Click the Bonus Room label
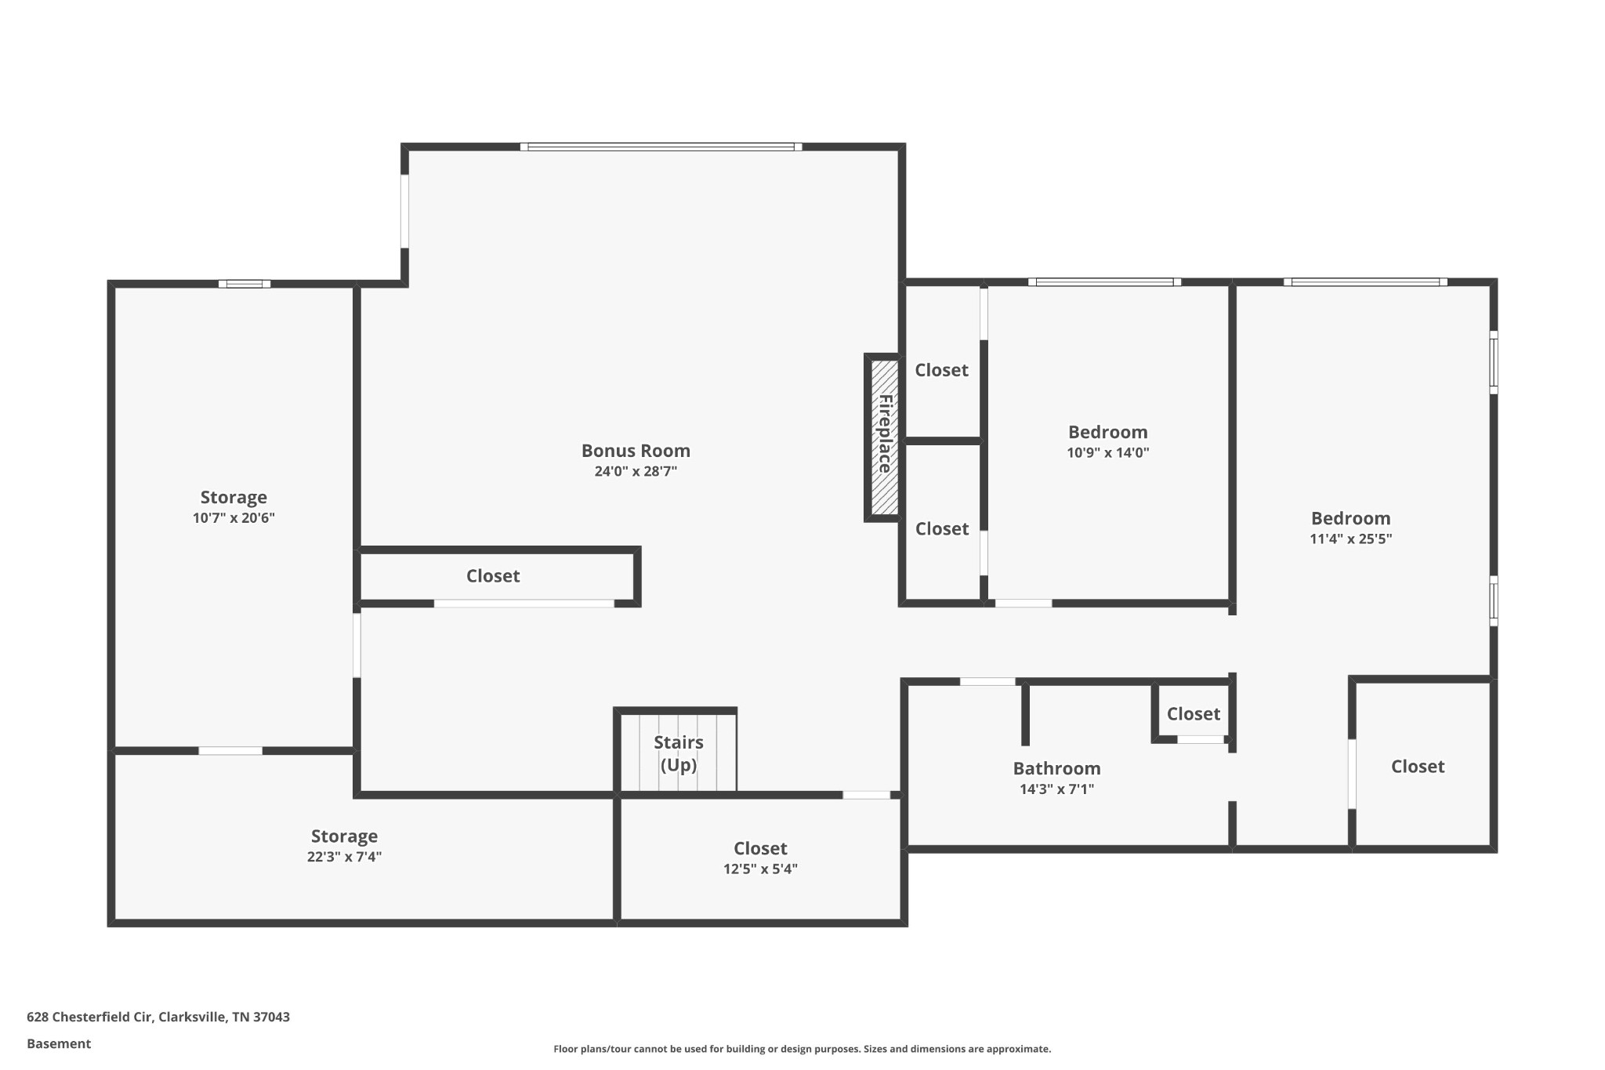click(x=636, y=451)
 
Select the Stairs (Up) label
click(x=679, y=753)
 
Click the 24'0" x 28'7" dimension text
click(x=636, y=471)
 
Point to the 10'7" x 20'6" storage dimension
click(x=234, y=517)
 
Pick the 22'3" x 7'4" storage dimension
click(x=344, y=857)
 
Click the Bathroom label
click(x=1056, y=768)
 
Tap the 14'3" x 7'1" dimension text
click(x=1056, y=789)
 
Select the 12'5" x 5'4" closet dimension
click(x=760, y=869)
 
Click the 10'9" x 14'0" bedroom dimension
click(x=1107, y=452)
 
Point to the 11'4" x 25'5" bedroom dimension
click(x=1350, y=539)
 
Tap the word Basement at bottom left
click(x=59, y=1043)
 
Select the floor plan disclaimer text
click(x=802, y=1049)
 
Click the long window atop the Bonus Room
click(x=661, y=147)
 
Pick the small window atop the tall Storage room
click(x=245, y=284)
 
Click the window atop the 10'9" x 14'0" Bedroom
click(x=1105, y=282)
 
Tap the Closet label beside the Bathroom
click(x=1193, y=713)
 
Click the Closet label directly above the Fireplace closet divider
click(x=941, y=370)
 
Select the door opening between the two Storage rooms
click(x=230, y=751)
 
